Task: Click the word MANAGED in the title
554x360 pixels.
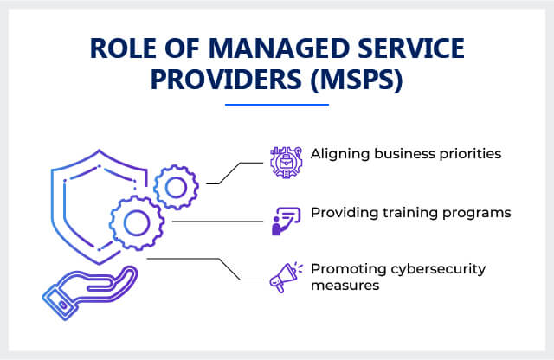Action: click(x=279, y=48)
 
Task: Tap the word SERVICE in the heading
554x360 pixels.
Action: click(x=411, y=48)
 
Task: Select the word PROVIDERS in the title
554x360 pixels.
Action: click(x=226, y=80)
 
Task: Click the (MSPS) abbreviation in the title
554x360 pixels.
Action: click(x=357, y=80)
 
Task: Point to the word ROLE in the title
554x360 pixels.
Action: click(x=123, y=48)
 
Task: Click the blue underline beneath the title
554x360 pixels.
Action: click(x=277, y=105)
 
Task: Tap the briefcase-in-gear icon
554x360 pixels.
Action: click(x=287, y=162)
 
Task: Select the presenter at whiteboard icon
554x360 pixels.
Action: click(x=286, y=221)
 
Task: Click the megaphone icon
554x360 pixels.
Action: click(x=286, y=277)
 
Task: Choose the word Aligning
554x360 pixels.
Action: click(x=340, y=154)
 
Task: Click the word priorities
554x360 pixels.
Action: click(x=470, y=154)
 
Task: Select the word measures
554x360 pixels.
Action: click(x=345, y=286)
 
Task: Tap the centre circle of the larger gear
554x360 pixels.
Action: click(x=137, y=222)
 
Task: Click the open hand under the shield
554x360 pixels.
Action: click(x=89, y=292)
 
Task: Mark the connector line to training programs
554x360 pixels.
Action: click(x=217, y=222)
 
